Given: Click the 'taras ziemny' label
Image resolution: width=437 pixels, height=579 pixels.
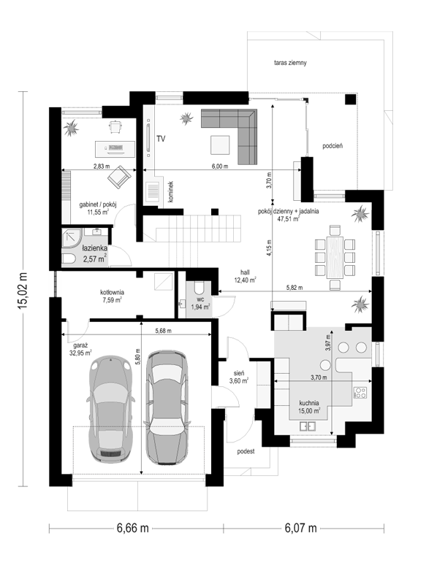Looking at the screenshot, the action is point(290,63).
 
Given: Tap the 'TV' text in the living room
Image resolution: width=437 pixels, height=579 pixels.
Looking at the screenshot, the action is point(161,139).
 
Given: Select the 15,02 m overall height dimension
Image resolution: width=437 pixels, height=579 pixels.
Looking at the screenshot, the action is point(23,290).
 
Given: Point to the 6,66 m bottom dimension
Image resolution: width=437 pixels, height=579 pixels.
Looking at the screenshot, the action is point(133,529).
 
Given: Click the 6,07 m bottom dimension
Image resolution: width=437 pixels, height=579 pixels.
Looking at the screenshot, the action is point(300,529).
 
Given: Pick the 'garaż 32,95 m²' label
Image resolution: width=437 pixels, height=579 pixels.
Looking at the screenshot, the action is point(80,349).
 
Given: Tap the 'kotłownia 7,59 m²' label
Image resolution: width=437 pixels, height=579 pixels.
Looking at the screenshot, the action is point(112,296).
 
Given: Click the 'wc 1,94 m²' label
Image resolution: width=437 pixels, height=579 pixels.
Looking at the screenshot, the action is point(200,303).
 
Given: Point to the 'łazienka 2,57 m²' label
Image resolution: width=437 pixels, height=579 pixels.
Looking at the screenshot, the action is point(95,253).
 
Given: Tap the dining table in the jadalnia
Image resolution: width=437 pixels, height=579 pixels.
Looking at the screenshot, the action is point(335,257).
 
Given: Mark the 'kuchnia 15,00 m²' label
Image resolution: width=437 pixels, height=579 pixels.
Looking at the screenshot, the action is point(309,407).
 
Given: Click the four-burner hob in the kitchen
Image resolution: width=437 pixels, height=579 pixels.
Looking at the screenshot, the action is point(360,392).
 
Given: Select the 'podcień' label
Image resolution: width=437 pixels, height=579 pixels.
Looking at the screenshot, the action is point(332,146).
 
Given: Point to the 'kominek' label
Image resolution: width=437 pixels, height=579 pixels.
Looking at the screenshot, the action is point(170,191).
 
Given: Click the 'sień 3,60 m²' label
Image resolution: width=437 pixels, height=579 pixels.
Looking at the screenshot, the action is point(238,377).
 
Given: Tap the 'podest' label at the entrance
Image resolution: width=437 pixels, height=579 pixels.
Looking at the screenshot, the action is point(246,451).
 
